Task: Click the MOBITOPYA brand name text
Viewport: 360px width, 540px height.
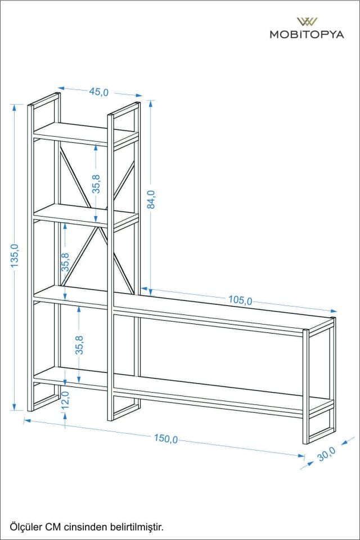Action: click(x=307, y=34)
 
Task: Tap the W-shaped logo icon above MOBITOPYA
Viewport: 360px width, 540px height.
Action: click(x=307, y=22)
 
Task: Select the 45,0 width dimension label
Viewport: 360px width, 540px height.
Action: click(x=99, y=92)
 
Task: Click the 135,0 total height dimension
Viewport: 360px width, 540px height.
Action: click(x=14, y=255)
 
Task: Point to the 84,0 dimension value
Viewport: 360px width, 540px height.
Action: click(x=151, y=199)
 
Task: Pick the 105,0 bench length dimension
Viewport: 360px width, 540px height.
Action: click(x=240, y=300)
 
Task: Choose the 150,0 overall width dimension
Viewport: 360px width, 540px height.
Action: click(x=166, y=438)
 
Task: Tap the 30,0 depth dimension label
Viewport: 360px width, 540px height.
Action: click(x=326, y=454)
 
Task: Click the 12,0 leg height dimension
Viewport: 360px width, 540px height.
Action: click(x=65, y=399)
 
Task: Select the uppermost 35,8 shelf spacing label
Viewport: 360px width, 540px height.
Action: click(x=96, y=184)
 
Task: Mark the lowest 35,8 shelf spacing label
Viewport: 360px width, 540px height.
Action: click(x=79, y=345)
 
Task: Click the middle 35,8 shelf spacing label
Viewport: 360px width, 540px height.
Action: click(x=65, y=263)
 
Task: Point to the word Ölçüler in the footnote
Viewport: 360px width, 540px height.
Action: click(x=25, y=526)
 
